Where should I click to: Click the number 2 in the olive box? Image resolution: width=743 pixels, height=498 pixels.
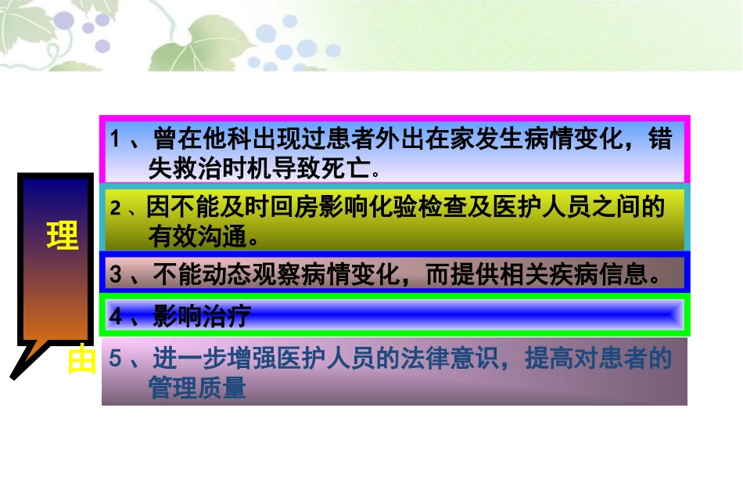[116, 208]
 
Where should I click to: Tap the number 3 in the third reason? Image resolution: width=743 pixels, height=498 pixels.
[116, 275]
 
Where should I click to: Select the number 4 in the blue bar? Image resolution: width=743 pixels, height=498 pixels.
[116, 316]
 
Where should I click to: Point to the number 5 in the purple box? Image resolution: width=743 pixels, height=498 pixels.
[115, 359]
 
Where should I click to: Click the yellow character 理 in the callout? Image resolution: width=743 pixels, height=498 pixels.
[63, 236]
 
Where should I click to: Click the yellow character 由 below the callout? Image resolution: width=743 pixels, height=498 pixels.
[81, 361]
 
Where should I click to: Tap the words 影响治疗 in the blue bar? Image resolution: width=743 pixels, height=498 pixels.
[202, 316]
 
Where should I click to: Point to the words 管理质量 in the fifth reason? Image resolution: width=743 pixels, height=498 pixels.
[197, 388]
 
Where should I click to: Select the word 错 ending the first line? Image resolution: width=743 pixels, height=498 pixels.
[660, 140]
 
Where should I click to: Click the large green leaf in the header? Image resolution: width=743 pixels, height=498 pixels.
[183, 51]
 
